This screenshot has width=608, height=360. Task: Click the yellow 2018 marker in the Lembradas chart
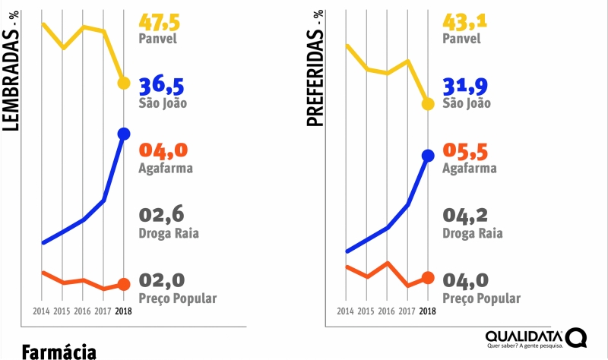click(124, 83)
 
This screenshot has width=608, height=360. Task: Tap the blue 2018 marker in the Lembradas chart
click(124, 134)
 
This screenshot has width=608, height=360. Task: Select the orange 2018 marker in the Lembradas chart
click(124, 285)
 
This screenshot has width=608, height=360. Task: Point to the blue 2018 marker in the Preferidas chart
click(428, 156)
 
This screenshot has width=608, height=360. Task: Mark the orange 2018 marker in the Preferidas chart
click(428, 278)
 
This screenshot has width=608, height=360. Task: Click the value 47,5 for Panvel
click(162, 18)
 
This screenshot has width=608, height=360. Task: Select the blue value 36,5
click(162, 84)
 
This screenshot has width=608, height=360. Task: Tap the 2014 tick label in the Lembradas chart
click(41, 311)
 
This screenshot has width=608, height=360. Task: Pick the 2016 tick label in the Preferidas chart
click(387, 311)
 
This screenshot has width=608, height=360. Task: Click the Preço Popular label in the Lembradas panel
click(178, 298)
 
